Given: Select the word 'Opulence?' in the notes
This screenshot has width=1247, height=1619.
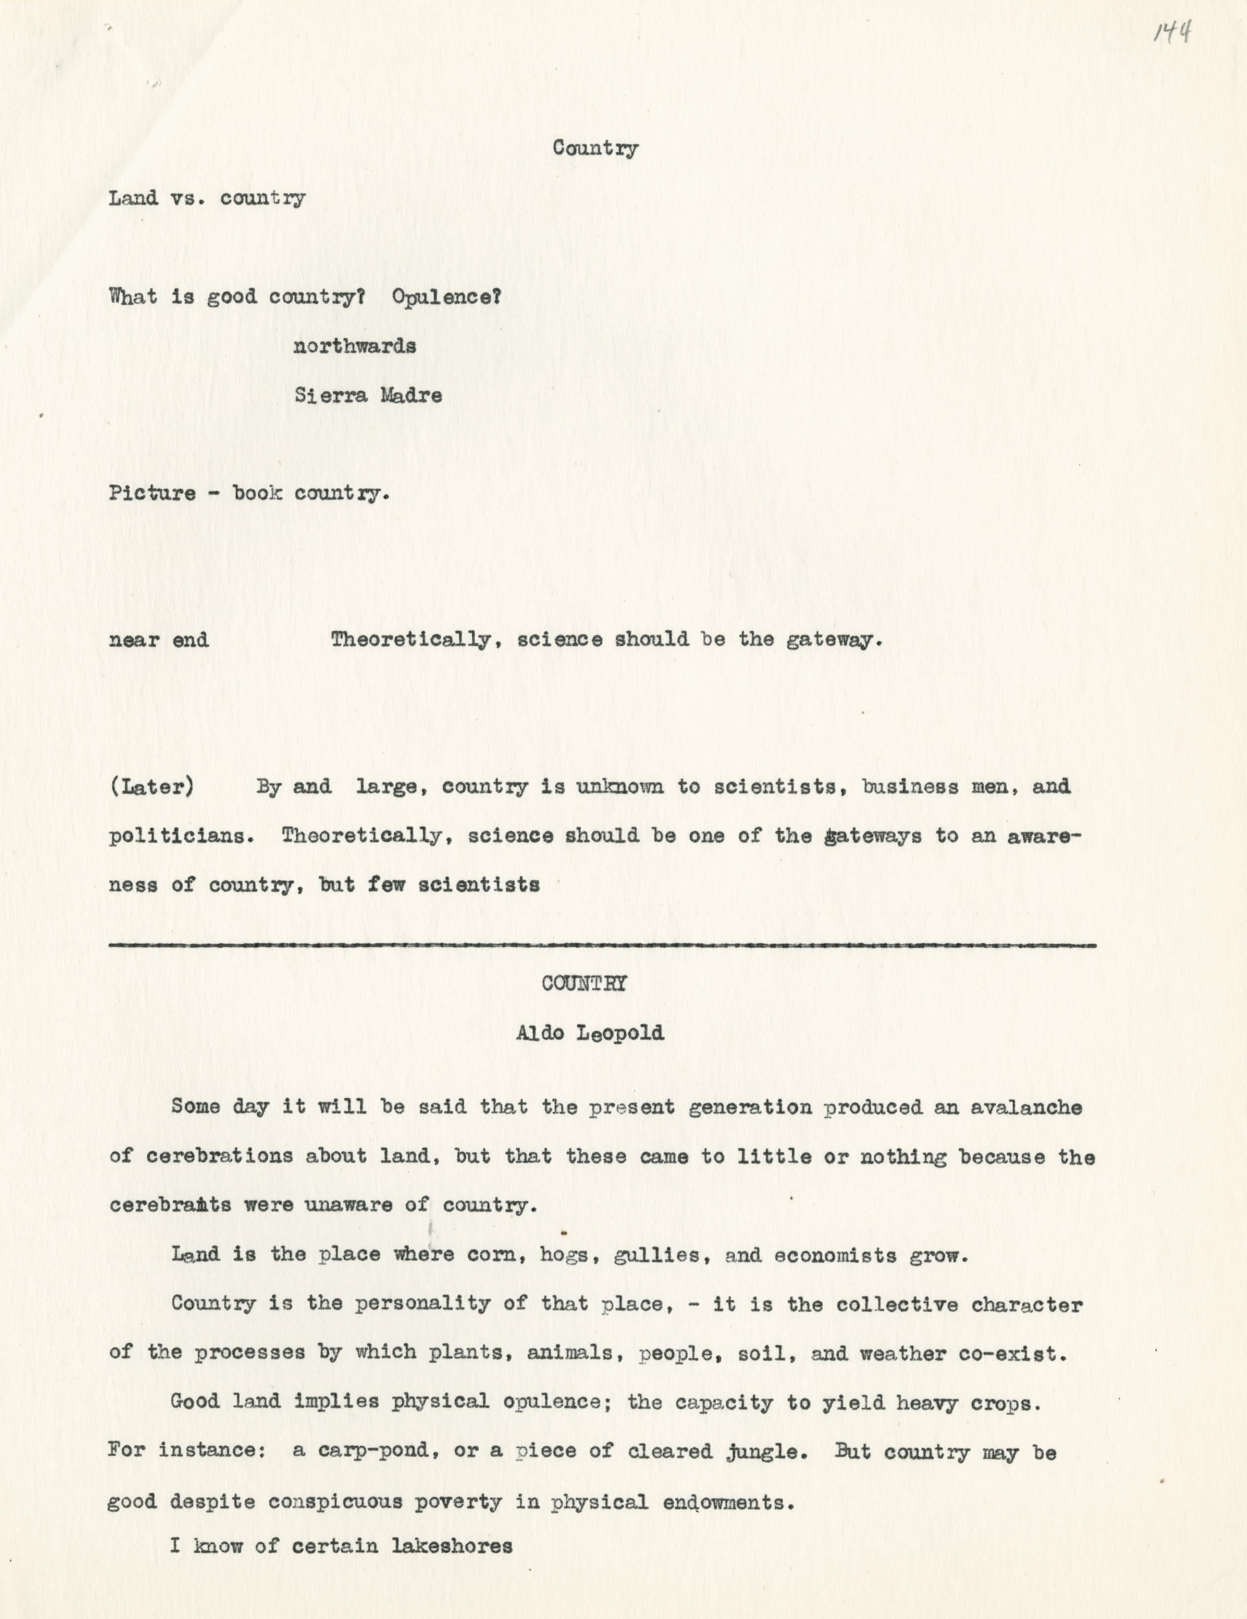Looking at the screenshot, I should coord(447,297).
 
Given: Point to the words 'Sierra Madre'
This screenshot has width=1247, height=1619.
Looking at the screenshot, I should coord(368,396).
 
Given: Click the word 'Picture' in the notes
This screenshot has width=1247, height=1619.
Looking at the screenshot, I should coord(152,494).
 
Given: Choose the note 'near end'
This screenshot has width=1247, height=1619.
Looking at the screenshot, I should coord(159,640).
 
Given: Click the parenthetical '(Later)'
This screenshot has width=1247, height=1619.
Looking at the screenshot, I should coord(152,787).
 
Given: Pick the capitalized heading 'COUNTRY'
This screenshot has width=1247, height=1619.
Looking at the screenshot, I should coord(585,984).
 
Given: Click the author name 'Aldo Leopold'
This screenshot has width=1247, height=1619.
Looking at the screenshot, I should coord(590,1033).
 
